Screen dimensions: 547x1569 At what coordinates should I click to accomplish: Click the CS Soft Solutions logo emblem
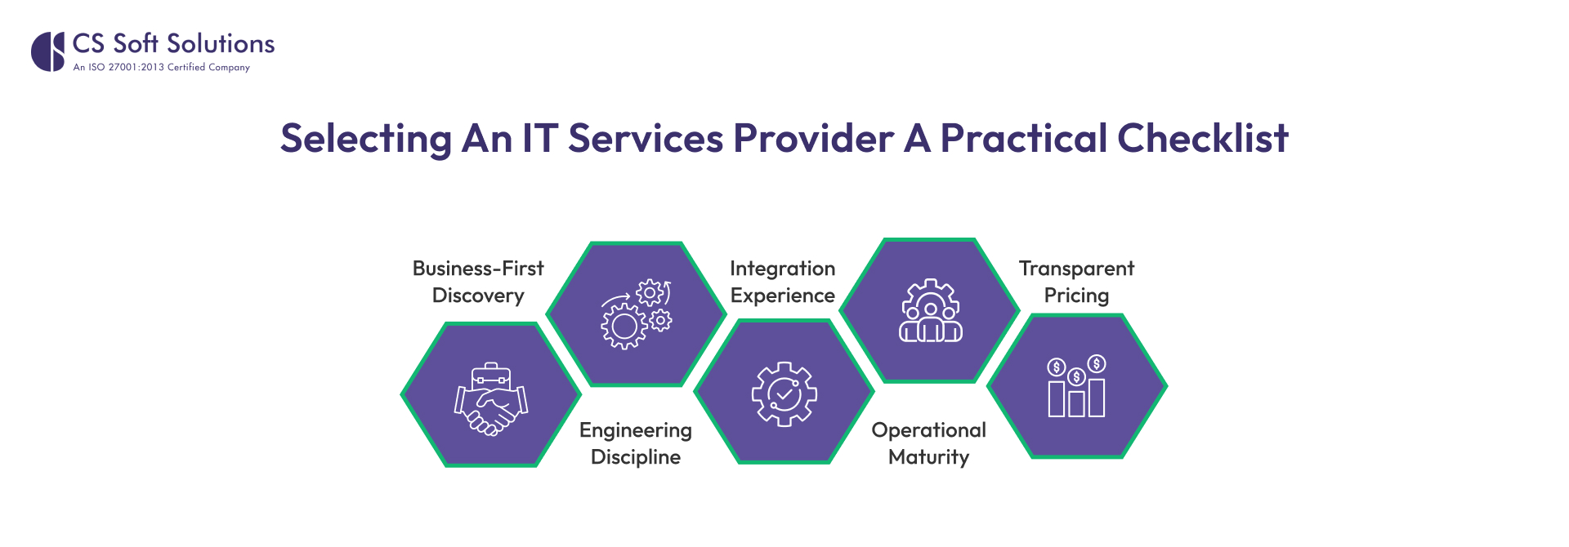click(47, 51)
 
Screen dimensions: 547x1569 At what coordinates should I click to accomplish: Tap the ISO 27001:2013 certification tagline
click(161, 68)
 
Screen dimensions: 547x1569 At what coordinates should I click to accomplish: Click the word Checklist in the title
click(1202, 138)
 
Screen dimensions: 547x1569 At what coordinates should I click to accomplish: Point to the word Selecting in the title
click(365, 140)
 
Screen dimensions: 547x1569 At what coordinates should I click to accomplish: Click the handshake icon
click(492, 407)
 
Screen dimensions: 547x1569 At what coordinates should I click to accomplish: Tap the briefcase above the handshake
click(491, 376)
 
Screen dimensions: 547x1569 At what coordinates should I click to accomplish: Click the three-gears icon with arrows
click(637, 314)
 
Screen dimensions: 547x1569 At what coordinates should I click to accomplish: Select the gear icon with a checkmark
click(784, 394)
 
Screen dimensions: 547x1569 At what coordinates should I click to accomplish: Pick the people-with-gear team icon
click(931, 311)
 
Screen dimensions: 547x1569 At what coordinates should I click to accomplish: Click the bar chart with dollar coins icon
click(1076, 387)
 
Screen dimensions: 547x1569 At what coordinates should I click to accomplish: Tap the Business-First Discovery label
click(478, 282)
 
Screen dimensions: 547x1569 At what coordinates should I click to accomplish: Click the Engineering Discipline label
click(636, 443)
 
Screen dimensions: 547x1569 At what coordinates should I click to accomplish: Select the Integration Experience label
click(783, 282)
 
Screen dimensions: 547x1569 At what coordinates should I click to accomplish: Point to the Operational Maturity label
click(929, 443)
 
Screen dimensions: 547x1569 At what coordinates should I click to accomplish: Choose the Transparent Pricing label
click(1076, 282)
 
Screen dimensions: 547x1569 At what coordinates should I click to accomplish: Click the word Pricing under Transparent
click(1076, 296)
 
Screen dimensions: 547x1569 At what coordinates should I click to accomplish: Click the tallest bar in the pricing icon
click(1097, 397)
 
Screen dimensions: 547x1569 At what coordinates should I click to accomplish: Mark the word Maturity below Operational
click(929, 457)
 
